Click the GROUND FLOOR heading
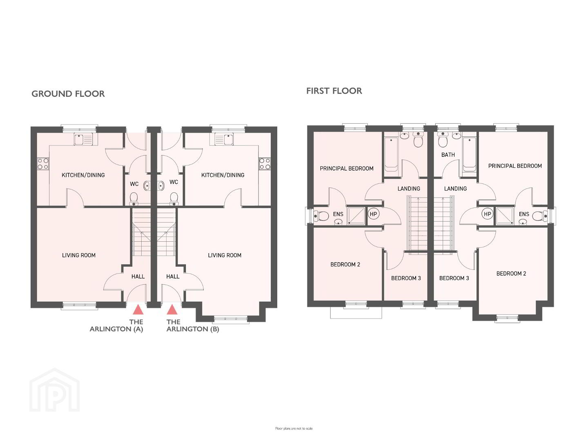tap(68, 94)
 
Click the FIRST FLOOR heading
tap(334, 91)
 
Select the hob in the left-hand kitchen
tap(43, 164)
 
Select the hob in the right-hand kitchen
tap(265, 164)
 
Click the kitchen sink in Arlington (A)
tap(83, 139)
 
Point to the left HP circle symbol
tap(373, 214)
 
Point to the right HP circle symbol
tap(487, 214)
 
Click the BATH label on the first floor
tap(448, 155)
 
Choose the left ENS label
tap(338, 214)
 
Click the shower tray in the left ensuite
tap(356, 216)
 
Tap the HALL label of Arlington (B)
tap(173, 276)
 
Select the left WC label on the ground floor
tap(134, 184)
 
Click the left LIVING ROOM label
tap(79, 256)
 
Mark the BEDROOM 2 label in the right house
tap(511, 274)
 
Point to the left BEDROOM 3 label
tap(406, 278)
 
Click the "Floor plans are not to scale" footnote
tap(294, 429)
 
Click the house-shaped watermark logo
tap(55, 390)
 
